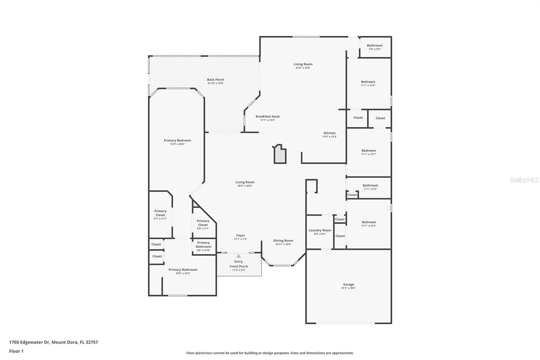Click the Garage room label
(x=349, y=284)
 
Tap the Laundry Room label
(x=320, y=230)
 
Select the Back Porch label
(x=215, y=80)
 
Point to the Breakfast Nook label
(x=267, y=117)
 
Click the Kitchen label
(x=329, y=133)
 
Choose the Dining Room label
(x=283, y=241)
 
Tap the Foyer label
(x=240, y=235)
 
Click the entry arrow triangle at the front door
(x=239, y=256)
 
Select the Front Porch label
(x=239, y=266)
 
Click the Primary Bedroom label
(x=177, y=140)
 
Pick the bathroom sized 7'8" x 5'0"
(x=375, y=47)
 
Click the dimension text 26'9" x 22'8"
(x=245, y=186)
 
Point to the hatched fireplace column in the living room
(x=280, y=156)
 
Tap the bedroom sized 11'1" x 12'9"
(x=368, y=83)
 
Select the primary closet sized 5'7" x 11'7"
(x=160, y=214)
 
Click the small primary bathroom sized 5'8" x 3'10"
(x=204, y=246)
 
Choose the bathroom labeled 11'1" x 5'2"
(x=370, y=187)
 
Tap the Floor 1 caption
(x=16, y=351)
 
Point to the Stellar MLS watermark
(x=524, y=180)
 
